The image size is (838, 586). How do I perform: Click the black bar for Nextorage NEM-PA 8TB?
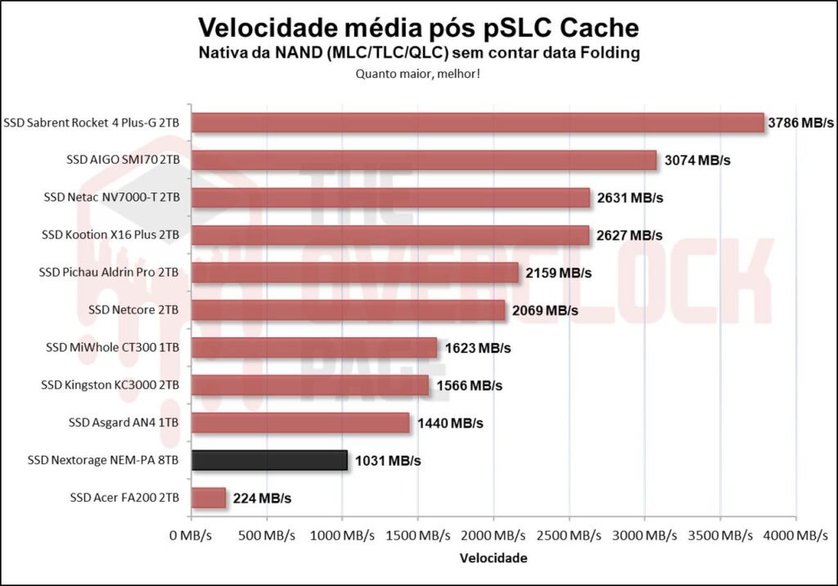269,460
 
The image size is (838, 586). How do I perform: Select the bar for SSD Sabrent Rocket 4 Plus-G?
477,123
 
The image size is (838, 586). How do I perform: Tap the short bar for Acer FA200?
208,498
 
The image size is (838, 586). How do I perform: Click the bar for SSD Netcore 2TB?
348,310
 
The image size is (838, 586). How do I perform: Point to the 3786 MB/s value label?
800,123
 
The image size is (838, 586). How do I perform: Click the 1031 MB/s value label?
388,461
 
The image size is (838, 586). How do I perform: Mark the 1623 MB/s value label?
478,348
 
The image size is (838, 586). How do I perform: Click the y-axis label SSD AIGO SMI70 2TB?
123,160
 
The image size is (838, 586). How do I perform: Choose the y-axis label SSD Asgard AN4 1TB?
124,422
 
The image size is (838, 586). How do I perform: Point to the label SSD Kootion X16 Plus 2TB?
110,235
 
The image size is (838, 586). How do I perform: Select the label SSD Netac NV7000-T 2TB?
111,197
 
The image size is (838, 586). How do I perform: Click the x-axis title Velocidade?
493,558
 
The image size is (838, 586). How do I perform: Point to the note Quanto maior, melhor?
418,73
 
